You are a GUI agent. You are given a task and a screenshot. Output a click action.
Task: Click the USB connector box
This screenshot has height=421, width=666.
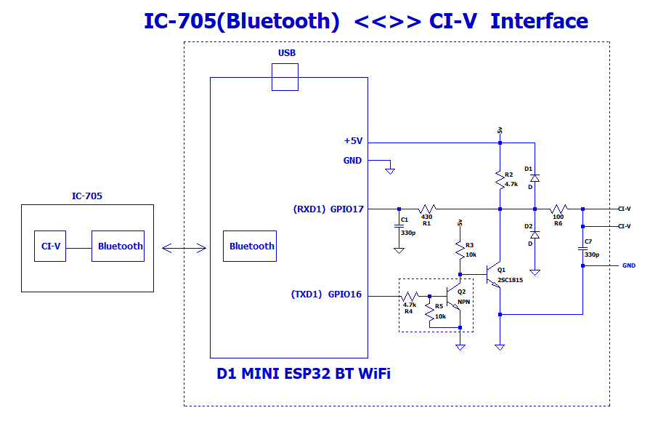click(x=285, y=76)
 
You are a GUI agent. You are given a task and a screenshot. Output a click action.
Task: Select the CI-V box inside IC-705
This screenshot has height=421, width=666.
click(x=50, y=246)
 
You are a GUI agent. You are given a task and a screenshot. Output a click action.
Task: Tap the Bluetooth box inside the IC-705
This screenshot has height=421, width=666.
click(x=118, y=246)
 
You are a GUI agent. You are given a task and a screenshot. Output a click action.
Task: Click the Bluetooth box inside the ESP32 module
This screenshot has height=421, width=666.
click(x=251, y=246)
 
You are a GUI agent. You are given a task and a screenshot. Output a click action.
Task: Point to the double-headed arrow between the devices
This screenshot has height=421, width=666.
click(x=184, y=249)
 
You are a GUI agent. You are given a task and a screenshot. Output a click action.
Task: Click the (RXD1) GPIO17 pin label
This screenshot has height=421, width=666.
click(x=328, y=209)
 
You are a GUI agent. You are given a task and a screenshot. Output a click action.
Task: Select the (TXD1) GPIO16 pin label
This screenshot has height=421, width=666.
click(x=326, y=294)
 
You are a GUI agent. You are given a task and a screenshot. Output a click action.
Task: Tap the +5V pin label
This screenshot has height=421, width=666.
click(x=353, y=142)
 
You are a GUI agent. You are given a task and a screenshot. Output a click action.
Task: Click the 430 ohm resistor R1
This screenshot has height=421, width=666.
click(x=427, y=209)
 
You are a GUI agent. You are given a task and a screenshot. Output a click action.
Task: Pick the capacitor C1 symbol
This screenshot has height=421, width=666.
click(x=398, y=225)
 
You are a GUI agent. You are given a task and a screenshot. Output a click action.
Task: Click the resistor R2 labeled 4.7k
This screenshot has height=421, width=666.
click(x=500, y=179)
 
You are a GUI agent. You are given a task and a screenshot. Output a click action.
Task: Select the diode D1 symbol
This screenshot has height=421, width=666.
click(x=535, y=177)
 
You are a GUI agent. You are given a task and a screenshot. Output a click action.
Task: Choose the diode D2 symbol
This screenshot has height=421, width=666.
click(x=535, y=235)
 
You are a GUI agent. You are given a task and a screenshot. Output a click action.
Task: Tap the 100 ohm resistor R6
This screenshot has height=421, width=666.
click(x=558, y=209)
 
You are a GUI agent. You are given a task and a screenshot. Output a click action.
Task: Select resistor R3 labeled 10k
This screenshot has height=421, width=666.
click(x=460, y=251)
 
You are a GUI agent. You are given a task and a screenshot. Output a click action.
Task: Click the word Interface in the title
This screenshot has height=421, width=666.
click(x=539, y=21)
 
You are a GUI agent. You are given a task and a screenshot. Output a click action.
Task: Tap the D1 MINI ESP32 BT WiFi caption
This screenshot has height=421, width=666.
click(x=304, y=374)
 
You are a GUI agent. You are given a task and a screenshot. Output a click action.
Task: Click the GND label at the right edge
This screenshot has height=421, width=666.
click(x=628, y=265)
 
